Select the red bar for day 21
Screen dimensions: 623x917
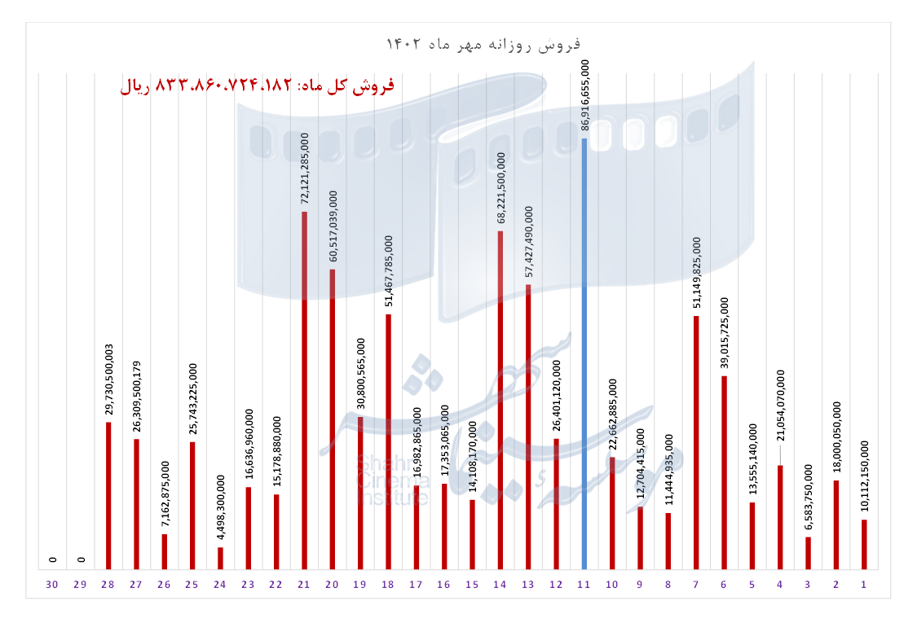(304, 390)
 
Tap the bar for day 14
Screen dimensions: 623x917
(500, 400)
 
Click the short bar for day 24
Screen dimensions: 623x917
(220, 558)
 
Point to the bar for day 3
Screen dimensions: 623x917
(808, 553)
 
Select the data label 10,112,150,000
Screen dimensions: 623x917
(865, 478)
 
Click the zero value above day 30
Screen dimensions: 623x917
(53, 559)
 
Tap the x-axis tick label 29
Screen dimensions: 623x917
(80, 586)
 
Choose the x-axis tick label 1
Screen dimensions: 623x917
(863, 586)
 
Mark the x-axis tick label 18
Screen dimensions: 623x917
(388, 586)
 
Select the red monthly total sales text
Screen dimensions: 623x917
(257, 86)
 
